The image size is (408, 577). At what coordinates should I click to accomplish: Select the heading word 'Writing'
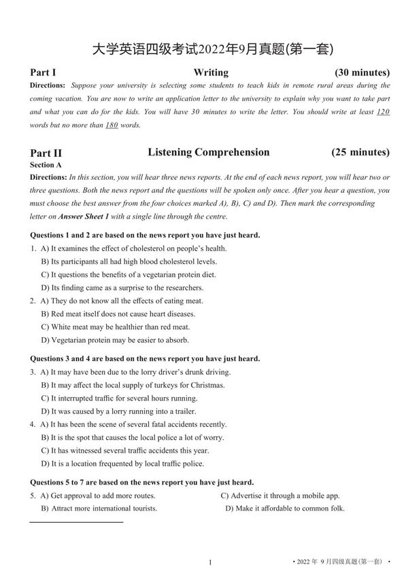[211, 73]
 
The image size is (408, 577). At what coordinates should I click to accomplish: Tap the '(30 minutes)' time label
[362, 73]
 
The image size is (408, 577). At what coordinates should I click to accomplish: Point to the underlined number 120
[383, 112]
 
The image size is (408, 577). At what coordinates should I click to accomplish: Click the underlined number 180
[112, 126]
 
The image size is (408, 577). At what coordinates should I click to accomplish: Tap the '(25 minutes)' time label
[360, 152]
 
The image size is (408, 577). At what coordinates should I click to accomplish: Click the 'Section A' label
[46, 164]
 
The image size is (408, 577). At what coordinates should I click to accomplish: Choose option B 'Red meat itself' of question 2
[118, 314]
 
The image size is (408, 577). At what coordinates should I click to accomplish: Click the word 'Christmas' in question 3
[207, 385]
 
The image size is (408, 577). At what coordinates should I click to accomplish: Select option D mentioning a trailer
[118, 411]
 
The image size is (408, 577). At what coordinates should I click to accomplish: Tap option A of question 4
[133, 424]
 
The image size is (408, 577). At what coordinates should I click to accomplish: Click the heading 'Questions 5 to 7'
[142, 482]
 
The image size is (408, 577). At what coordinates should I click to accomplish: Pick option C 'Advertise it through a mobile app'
[280, 496]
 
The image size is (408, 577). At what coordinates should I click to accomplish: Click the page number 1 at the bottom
[210, 562]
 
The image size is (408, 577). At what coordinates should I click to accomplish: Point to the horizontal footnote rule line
[76, 522]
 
